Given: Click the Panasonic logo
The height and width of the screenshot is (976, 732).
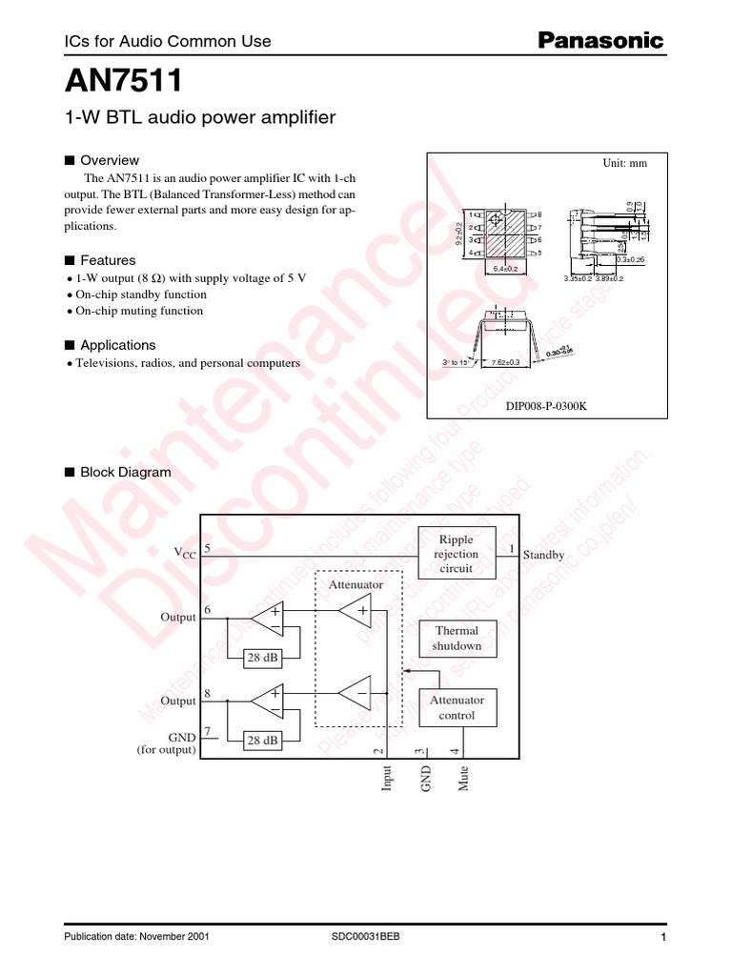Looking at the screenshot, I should (601, 40).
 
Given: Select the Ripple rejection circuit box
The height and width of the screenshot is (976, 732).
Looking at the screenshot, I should (457, 554).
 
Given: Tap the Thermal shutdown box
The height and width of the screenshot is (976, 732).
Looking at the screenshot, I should (457, 639).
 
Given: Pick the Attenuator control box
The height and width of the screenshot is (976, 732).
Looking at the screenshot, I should (457, 707).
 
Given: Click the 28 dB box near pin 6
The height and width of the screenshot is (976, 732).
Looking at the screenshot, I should (262, 658).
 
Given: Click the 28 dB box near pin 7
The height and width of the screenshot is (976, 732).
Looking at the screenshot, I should (262, 740).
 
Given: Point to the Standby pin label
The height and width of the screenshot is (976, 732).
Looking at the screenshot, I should (543, 555).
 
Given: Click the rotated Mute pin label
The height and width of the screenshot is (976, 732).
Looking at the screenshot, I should (464, 778).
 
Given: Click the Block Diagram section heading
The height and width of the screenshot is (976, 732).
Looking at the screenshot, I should (125, 472).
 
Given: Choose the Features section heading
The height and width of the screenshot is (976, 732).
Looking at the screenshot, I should (108, 260).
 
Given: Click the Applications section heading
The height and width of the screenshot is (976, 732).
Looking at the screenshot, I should (117, 345).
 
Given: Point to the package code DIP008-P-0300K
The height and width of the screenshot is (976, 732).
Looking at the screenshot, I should (546, 406).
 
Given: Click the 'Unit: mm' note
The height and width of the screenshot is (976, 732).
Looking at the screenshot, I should (624, 163).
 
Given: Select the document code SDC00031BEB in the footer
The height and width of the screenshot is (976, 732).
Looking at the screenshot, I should (366, 937).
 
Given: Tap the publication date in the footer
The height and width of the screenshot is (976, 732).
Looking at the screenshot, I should (135, 937).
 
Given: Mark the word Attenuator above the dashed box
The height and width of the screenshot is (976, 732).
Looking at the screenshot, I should (356, 583).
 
